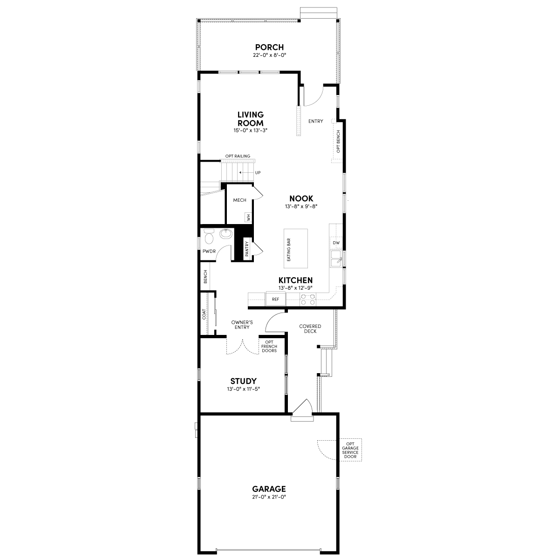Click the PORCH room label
tap(269, 47)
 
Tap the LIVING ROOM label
tap(251, 118)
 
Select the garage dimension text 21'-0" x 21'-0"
tap(269, 497)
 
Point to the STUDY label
tap(243, 382)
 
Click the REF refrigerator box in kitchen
tap(275, 299)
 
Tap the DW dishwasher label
tap(336, 243)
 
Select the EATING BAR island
tap(296, 248)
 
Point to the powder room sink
tap(225, 233)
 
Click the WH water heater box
tap(248, 218)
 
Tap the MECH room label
tap(239, 200)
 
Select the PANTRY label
tap(246, 248)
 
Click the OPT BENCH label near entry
tap(338, 141)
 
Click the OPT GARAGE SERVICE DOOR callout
tap(350, 450)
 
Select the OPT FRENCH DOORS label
tap(269, 347)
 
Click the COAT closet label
tap(204, 314)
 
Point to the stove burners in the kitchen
tap(307, 299)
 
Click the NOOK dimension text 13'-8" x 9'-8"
tap(301, 206)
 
